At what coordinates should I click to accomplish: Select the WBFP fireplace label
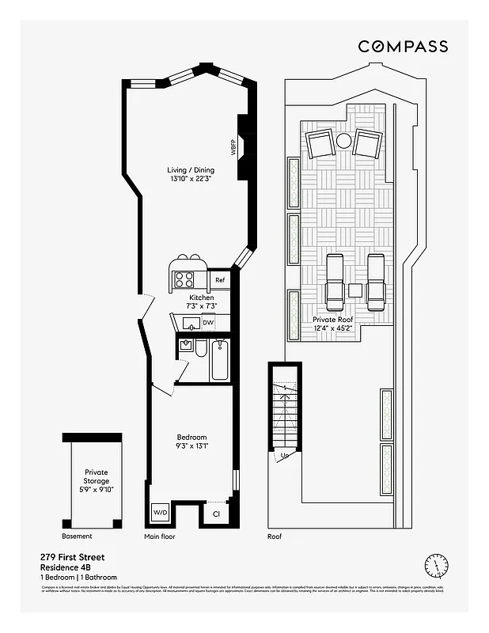(233, 148)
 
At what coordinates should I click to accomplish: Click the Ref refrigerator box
(220, 280)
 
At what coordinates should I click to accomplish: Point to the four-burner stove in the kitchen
(184, 279)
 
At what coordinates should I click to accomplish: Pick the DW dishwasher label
(208, 323)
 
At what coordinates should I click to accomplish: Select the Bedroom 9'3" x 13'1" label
(191, 442)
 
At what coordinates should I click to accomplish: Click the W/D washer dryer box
(161, 513)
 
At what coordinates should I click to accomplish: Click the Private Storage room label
(97, 481)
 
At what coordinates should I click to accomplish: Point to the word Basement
(77, 536)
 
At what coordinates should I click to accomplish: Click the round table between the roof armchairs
(344, 142)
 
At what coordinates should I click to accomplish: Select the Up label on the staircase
(285, 456)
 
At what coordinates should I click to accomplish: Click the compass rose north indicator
(434, 565)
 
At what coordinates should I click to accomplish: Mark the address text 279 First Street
(72, 557)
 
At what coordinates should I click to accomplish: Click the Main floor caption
(160, 536)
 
